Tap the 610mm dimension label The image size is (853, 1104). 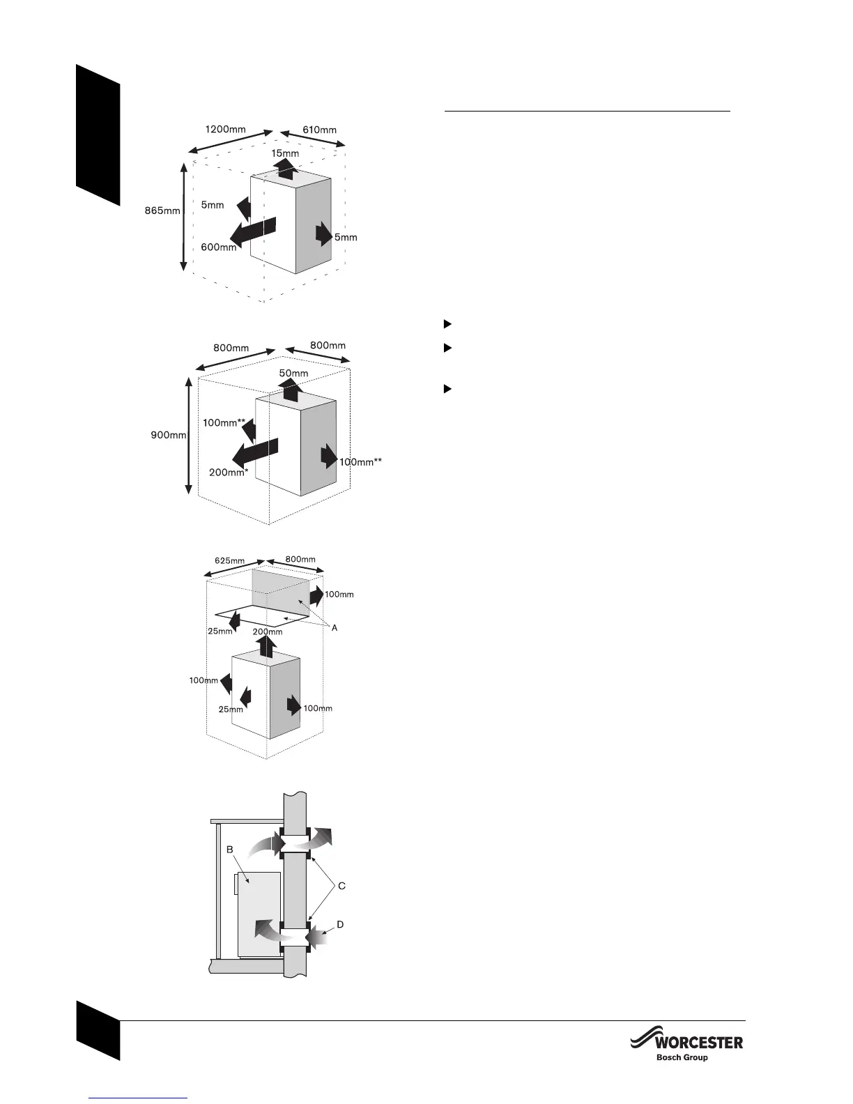(x=319, y=130)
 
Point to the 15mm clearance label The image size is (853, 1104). (x=285, y=153)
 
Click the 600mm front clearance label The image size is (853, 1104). (x=219, y=247)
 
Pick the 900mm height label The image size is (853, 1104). (x=169, y=435)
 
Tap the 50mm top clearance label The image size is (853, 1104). (x=293, y=373)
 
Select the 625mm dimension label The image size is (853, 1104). (x=229, y=560)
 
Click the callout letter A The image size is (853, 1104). (x=335, y=628)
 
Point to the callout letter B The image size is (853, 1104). (x=229, y=850)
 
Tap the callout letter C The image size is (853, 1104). (x=341, y=887)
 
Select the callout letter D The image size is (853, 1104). (x=340, y=924)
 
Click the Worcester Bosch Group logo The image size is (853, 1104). (x=686, y=1048)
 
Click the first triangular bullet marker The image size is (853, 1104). (x=448, y=324)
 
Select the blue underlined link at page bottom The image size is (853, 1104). (x=139, y=1098)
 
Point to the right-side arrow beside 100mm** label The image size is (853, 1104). (x=328, y=457)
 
